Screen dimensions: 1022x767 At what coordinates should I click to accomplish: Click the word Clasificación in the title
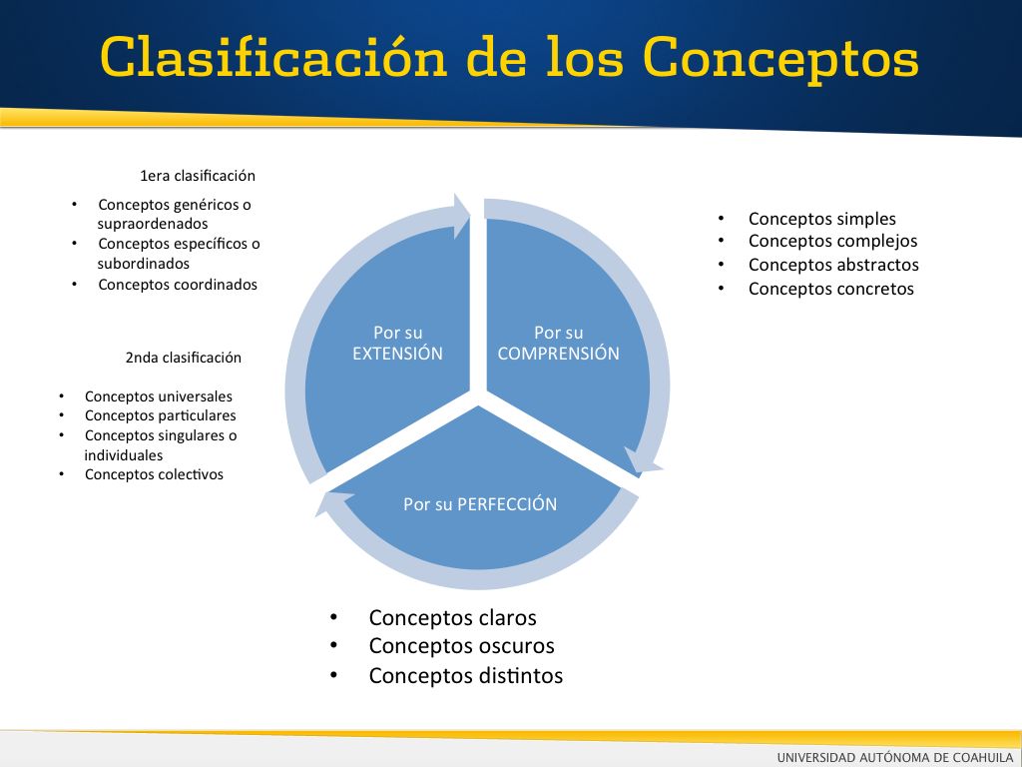(274, 57)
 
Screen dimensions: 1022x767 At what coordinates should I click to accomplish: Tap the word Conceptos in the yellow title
(780, 60)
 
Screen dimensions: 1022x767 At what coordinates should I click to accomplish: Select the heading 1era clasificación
(198, 176)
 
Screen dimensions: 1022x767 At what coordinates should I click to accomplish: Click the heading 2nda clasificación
(184, 358)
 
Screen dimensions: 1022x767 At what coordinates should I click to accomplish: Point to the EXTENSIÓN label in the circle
(397, 353)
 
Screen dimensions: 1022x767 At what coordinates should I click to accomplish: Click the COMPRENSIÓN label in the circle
(559, 353)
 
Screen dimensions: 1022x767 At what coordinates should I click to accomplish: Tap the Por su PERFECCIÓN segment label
(480, 504)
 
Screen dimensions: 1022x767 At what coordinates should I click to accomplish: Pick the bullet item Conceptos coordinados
(178, 285)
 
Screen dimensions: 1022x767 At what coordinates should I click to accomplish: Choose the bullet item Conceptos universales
(159, 396)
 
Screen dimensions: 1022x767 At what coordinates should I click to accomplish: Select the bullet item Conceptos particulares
(161, 415)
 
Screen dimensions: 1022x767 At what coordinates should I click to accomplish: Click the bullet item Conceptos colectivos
(154, 474)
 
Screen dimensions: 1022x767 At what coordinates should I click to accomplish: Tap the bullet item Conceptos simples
(822, 219)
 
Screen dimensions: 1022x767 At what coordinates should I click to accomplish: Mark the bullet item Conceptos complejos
(833, 242)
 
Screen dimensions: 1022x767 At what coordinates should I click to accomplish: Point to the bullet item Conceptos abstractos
(833, 265)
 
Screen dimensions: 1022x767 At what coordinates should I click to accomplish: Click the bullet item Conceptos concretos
(831, 289)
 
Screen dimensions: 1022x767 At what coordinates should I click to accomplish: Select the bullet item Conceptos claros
(452, 617)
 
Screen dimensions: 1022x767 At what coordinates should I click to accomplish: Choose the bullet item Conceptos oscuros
(461, 646)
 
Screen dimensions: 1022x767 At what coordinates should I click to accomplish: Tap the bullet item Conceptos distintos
(466, 675)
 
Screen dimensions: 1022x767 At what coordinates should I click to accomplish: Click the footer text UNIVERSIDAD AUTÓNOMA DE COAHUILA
(895, 757)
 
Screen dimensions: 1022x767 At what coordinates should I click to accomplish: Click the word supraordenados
(153, 224)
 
